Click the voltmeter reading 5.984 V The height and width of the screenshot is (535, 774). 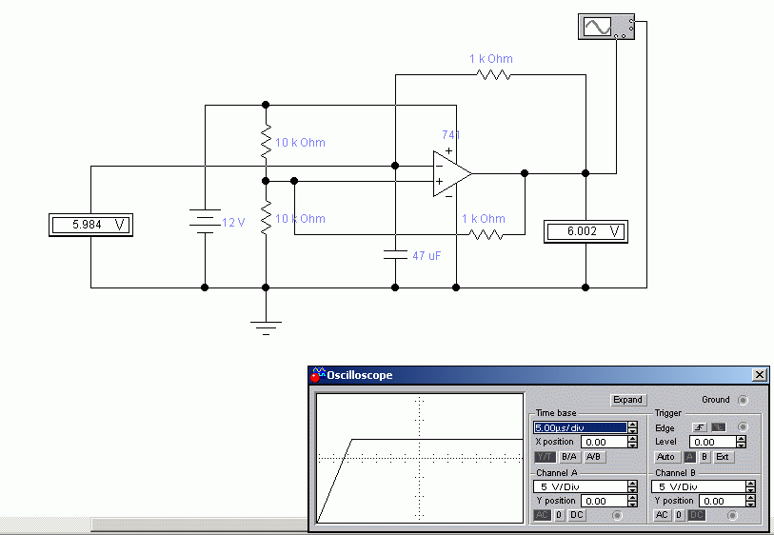(90, 225)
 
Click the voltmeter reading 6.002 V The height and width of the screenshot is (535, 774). (585, 231)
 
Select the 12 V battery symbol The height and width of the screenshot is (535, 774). (205, 221)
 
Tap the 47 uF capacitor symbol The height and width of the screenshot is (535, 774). (395, 255)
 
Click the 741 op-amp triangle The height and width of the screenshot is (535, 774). (451, 173)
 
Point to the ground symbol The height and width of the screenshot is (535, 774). (266, 327)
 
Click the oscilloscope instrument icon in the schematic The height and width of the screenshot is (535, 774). (606, 27)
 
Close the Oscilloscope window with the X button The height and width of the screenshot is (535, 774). (760, 375)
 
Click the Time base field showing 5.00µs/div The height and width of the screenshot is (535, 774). (581, 427)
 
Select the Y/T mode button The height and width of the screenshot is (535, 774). (545, 457)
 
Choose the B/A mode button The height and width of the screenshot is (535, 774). (568, 457)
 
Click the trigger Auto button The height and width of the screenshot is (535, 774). (665, 457)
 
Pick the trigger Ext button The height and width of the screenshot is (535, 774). (723, 457)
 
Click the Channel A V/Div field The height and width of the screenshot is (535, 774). (581, 486)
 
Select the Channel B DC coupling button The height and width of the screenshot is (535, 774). (697, 515)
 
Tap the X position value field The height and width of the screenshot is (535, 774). (605, 443)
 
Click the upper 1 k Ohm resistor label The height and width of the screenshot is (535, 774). (491, 59)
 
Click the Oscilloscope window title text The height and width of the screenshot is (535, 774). (359, 375)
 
